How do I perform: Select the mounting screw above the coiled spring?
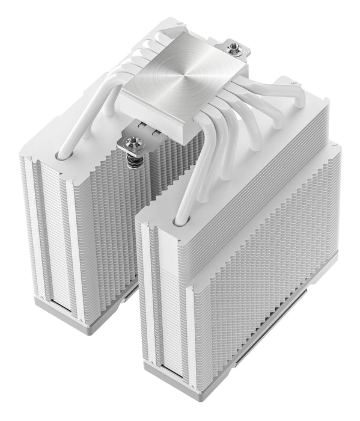pyautogui.click(x=130, y=142)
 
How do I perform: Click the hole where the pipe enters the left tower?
pyautogui.click(x=62, y=155)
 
